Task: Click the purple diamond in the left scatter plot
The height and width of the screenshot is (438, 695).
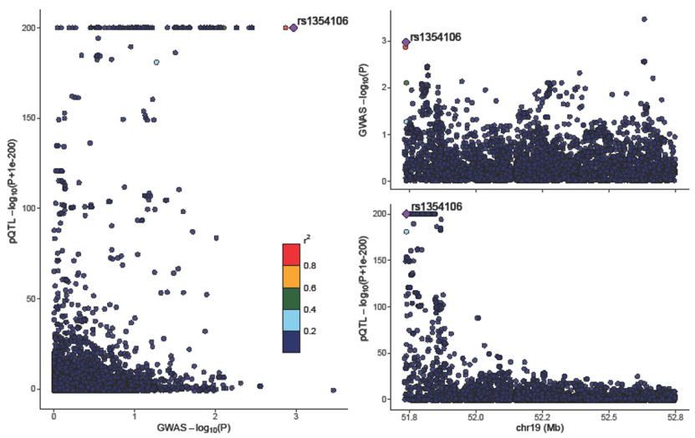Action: click(294, 28)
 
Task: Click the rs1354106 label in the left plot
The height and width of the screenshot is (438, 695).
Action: click(323, 20)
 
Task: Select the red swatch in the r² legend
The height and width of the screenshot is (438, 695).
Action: click(291, 254)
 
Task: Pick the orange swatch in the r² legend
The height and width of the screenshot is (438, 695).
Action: click(291, 276)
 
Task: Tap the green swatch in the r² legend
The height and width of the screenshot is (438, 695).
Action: click(291, 298)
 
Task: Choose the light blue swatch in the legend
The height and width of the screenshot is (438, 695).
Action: click(291, 320)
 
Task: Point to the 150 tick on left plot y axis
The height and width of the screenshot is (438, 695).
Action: click(33, 118)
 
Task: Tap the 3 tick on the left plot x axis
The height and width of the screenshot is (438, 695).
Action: click(295, 415)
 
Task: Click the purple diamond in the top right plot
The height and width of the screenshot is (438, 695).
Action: click(406, 42)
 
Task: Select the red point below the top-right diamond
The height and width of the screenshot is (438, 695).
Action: click(406, 48)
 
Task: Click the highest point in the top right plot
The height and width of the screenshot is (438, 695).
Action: click(643, 19)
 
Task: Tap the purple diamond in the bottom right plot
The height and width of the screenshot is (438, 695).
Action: click(406, 214)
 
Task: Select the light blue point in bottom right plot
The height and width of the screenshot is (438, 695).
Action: click(406, 232)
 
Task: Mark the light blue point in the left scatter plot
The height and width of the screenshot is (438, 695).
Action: click(156, 62)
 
